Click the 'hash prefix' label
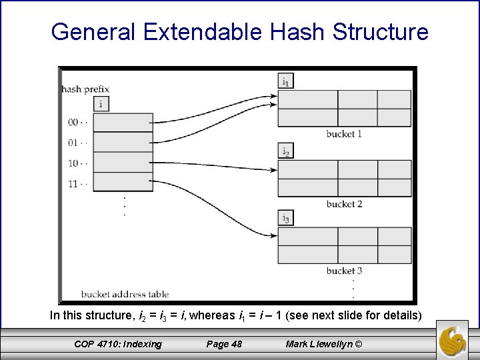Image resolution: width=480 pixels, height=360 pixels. pos(85,88)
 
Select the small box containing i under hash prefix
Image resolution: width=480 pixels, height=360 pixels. pos(101,103)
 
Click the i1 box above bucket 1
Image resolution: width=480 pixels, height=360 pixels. pos(285,82)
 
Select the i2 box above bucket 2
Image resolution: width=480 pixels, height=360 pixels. pos(285,151)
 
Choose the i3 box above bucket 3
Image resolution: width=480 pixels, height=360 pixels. pos(285,219)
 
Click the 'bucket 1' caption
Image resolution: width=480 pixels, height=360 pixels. pos(344,134)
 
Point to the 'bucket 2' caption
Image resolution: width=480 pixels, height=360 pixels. pos(344,203)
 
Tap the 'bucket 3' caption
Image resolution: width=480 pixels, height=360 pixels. pos(344,271)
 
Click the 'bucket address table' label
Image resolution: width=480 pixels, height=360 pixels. pos(125,293)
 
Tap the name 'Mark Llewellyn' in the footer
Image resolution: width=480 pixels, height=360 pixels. pos(318,344)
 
